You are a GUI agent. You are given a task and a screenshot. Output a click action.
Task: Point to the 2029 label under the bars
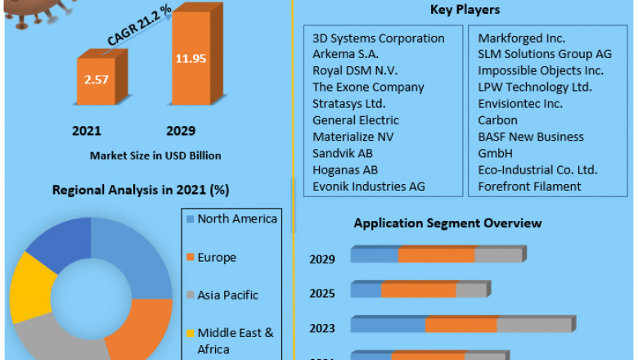coord(181,131)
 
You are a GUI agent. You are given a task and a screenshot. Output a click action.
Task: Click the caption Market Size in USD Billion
coord(155,155)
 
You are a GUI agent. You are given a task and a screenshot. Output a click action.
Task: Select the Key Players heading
coord(465,10)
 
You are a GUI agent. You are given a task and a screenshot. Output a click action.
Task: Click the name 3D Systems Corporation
coord(379,38)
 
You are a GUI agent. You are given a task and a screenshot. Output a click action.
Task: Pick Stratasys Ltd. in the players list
coord(349,104)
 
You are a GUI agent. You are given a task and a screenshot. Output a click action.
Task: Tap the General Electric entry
coord(356,120)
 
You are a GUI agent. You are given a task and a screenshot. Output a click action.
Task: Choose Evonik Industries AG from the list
coord(368,187)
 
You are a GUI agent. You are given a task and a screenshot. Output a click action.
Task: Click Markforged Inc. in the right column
coord(522,38)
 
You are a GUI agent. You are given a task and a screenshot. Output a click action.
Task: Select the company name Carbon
coord(498,120)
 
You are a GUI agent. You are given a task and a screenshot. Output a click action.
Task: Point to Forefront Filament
coord(529,187)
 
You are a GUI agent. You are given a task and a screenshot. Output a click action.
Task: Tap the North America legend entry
coord(237,218)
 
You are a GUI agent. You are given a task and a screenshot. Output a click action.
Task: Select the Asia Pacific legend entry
coord(227,295)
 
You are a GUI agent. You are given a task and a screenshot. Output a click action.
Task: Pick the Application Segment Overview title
coord(447,223)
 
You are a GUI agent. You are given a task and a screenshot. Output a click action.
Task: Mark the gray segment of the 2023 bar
coord(533,326)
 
